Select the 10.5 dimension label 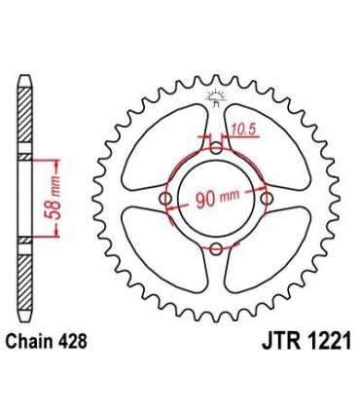[x=244, y=127]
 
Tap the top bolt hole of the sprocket [x=216, y=148]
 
